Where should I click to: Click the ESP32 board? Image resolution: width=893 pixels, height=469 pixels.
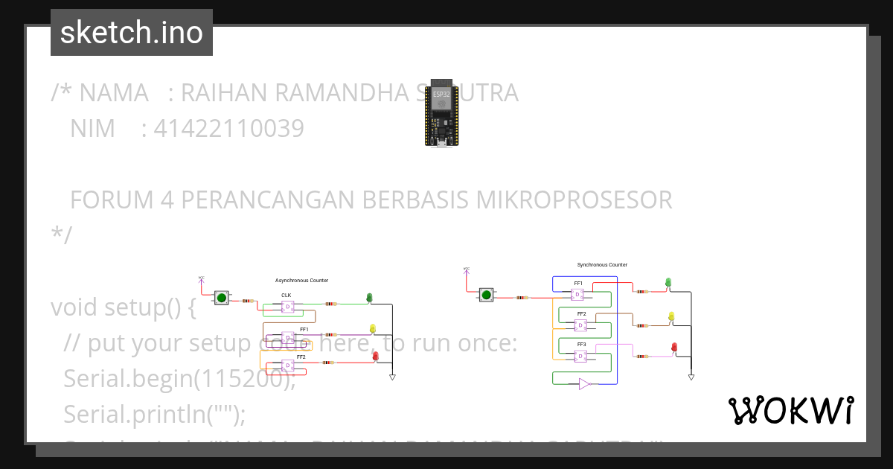pos(442,112)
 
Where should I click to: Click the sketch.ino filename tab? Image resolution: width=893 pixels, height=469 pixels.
pos(132,33)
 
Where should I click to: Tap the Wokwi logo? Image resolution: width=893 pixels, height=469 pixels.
pos(791,410)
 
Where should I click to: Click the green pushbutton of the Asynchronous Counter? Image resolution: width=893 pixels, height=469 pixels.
pos(221,298)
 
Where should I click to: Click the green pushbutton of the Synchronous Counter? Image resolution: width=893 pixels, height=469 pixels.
pos(487,295)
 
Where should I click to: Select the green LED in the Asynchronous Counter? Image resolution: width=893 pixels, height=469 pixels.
pos(369,299)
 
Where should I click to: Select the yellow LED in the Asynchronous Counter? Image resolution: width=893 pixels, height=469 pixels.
pos(373,329)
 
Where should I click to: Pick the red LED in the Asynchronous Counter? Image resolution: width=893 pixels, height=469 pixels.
pos(375,357)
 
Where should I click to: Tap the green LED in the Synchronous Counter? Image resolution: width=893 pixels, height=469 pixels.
pos(668,283)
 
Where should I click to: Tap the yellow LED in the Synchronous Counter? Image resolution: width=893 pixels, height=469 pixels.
pos(671,317)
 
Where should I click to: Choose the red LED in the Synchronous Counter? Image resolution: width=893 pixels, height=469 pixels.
pos(674,348)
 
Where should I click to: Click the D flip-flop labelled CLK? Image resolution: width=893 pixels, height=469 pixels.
pos(287,307)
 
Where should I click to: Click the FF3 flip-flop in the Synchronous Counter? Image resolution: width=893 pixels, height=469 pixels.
pos(578,357)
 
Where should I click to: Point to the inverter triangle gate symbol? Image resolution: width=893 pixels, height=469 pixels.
pos(584,384)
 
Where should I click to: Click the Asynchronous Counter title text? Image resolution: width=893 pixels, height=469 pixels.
pos(301,281)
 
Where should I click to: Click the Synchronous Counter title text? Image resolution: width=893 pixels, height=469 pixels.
pos(602,265)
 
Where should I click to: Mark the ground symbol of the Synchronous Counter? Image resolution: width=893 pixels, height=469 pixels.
pos(691,377)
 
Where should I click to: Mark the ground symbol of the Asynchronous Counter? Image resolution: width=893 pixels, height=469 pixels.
pos(392,377)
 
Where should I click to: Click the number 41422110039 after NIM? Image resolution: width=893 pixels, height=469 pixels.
pos(228,129)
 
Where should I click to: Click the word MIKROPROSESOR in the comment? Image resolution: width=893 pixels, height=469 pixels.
pos(574,200)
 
